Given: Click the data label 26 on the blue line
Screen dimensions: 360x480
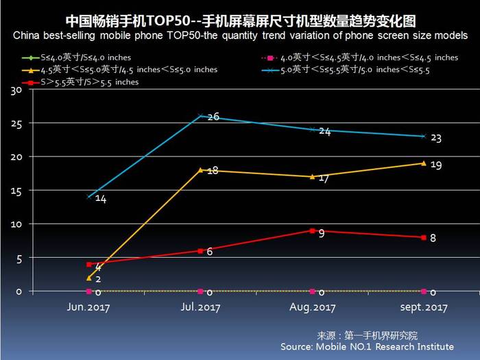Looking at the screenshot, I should click(213, 117).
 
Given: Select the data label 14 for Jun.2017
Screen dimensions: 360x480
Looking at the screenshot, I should click(100, 200).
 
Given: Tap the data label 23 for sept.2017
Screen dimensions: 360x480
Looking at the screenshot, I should click(435, 139).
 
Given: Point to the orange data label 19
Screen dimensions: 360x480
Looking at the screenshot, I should click(436, 166).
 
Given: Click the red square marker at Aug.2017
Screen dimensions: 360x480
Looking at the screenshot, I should click(313, 231).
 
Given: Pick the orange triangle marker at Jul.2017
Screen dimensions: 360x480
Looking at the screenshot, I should click(200, 169).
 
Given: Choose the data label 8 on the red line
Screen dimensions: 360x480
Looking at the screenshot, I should click(433, 238).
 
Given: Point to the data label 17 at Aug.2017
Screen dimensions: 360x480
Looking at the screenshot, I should click(325, 178).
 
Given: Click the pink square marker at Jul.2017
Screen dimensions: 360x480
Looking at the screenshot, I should click(200, 291).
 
